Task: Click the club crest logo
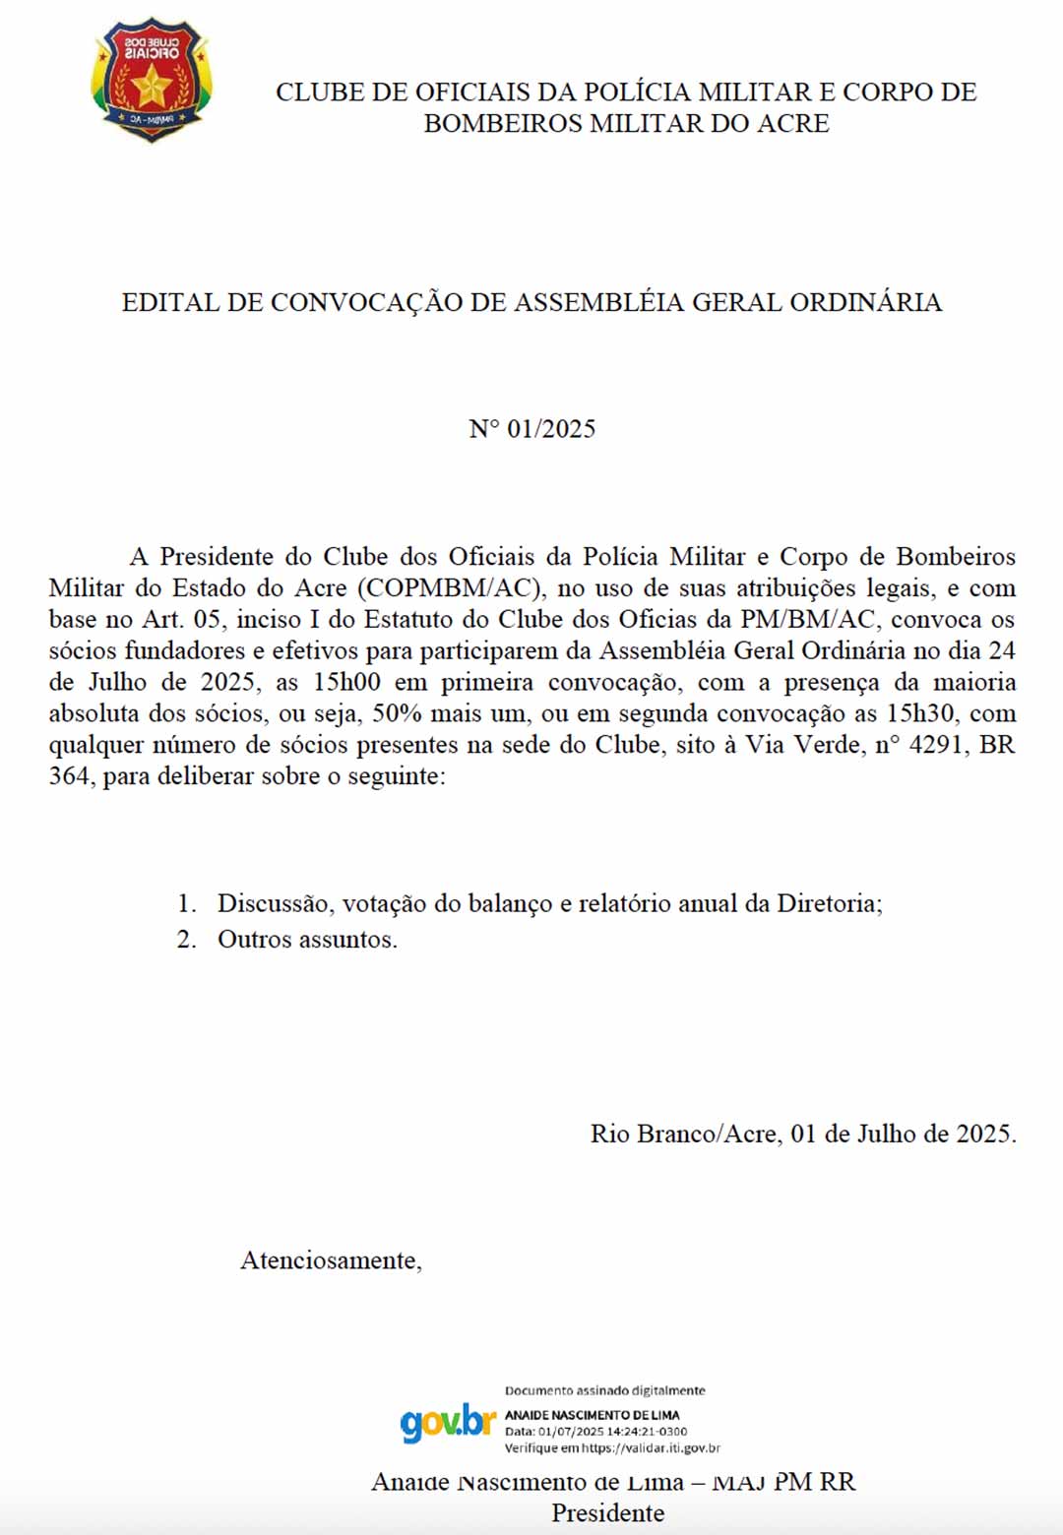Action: click(x=152, y=79)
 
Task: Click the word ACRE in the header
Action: click(x=793, y=123)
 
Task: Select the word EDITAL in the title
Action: click(x=171, y=302)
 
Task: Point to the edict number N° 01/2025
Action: click(x=531, y=429)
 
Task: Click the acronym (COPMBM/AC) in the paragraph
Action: click(x=451, y=588)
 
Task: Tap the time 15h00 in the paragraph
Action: click(x=346, y=683)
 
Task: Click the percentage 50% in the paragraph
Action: click(x=397, y=714)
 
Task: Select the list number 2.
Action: click(x=186, y=940)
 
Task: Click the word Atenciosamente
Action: click(x=331, y=1260)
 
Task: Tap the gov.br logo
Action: click(x=448, y=1423)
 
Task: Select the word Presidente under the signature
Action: click(x=607, y=1513)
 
